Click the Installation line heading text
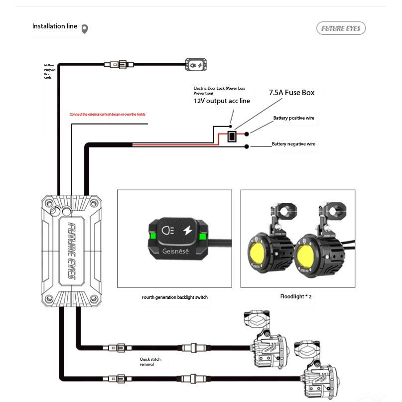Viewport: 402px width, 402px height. [55, 26]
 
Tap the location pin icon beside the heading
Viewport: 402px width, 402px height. [85, 29]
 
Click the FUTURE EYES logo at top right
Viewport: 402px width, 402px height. [341, 29]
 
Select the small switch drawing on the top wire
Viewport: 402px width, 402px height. [197, 64]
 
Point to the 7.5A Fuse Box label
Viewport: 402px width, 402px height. [291, 92]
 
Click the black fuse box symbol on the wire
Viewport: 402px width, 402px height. [232, 136]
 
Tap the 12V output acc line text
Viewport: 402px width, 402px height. [222, 101]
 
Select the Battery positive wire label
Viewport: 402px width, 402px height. [293, 118]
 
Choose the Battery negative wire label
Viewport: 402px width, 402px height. [293, 144]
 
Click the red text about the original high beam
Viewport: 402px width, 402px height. [107, 115]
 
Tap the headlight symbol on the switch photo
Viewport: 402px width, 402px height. [168, 231]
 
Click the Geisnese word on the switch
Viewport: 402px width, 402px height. [176, 251]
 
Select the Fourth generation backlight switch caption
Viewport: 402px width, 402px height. [174, 297]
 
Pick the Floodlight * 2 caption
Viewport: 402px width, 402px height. [296, 296]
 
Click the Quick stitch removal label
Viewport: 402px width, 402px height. [150, 362]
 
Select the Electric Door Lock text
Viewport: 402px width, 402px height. [219, 91]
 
